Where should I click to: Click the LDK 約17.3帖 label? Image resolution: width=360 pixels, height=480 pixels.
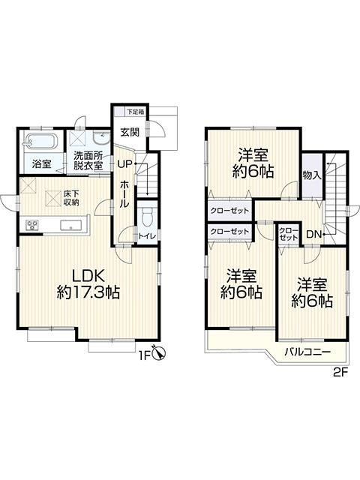88,284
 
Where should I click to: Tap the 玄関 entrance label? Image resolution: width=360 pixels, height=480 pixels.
130,132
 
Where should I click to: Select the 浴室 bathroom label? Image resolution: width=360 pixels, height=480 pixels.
42,164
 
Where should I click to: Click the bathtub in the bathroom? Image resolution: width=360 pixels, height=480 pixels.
40,142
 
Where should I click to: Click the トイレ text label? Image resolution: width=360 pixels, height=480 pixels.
147,236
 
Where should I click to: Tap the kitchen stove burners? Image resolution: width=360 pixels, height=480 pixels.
32,226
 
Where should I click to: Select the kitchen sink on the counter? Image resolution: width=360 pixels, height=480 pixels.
71,225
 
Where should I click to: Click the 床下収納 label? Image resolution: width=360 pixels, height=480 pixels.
71,198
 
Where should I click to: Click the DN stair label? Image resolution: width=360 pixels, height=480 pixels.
313,235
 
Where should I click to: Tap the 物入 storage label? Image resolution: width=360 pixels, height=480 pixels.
312,175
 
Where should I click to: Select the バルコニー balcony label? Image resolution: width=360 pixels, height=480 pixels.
307,352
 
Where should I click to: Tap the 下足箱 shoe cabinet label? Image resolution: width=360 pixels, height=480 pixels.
136,112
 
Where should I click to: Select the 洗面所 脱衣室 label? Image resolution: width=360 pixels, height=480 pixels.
88,160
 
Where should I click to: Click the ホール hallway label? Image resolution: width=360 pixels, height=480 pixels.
124,194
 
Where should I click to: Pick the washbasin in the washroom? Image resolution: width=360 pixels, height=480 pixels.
102,139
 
